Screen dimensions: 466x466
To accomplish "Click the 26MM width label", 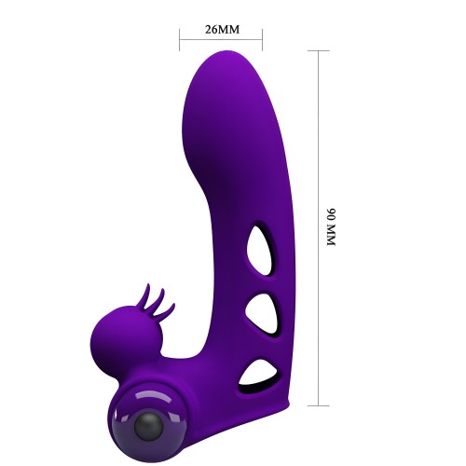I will coord(221,29).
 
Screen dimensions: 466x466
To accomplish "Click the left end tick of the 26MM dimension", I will coord(180,39).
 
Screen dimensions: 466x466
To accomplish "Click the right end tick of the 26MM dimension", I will coord(262,39).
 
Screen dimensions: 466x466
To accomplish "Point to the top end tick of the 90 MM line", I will coord(319,50).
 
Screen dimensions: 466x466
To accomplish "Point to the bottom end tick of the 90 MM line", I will coord(319,404).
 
